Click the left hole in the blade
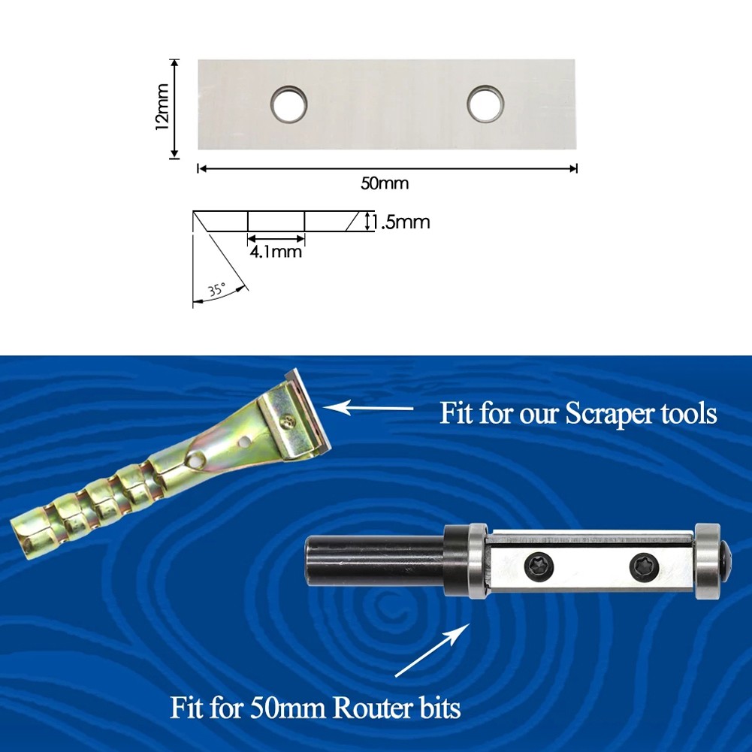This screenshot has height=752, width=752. click(x=288, y=104)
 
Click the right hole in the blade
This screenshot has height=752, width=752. click(x=485, y=104)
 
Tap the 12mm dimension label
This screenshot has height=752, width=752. click(x=162, y=107)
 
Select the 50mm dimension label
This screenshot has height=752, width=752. click(x=385, y=183)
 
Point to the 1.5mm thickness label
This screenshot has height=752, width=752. click(x=401, y=222)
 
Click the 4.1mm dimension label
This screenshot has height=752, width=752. click(x=276, y=252)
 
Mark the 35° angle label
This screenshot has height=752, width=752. click(x=216, y=290)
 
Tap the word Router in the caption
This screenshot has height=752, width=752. click(x=369, y=708)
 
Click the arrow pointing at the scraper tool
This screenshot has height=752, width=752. click(x=368, y=408)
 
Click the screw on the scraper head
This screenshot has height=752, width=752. click(x=288, y=421)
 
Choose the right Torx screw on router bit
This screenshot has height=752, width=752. click(x=644, y=567)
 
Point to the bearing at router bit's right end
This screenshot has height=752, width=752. click(x=708, y=560)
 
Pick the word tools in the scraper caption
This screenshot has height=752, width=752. click(x=689, y=413)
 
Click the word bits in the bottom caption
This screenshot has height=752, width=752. click(x=436, y=708)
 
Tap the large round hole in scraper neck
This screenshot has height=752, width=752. click(x=195, y=461)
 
